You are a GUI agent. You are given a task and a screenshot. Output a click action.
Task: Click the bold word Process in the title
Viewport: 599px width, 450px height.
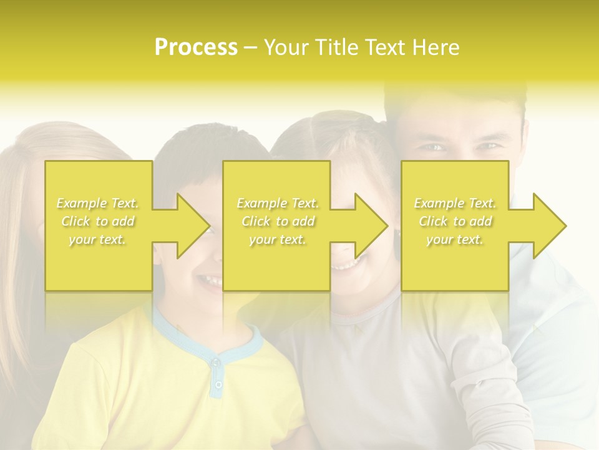196,47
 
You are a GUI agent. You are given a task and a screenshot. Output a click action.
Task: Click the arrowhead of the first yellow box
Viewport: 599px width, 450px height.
190,226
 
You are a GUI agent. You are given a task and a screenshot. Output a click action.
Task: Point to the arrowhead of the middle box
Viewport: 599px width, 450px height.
368,226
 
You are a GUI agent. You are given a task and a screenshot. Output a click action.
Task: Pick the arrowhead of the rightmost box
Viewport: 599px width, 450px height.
547,226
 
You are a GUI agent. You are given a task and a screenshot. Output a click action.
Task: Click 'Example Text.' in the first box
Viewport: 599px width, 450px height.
97,203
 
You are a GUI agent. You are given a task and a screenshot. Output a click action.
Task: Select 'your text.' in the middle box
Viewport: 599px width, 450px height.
278,239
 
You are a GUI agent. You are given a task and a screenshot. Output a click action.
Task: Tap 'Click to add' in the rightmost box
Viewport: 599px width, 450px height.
455,221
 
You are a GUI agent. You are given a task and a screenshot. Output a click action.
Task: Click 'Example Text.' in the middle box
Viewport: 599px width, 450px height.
278,203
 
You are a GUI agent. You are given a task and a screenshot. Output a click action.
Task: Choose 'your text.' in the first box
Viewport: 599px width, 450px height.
97,239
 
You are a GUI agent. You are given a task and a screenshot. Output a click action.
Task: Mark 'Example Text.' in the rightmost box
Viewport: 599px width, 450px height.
455,203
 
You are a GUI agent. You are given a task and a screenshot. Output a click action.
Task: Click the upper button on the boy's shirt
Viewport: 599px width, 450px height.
215,362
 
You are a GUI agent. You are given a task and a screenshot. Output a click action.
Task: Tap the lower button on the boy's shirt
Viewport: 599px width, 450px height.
218,384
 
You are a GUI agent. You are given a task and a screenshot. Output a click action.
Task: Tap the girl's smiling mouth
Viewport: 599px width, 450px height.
344,266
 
